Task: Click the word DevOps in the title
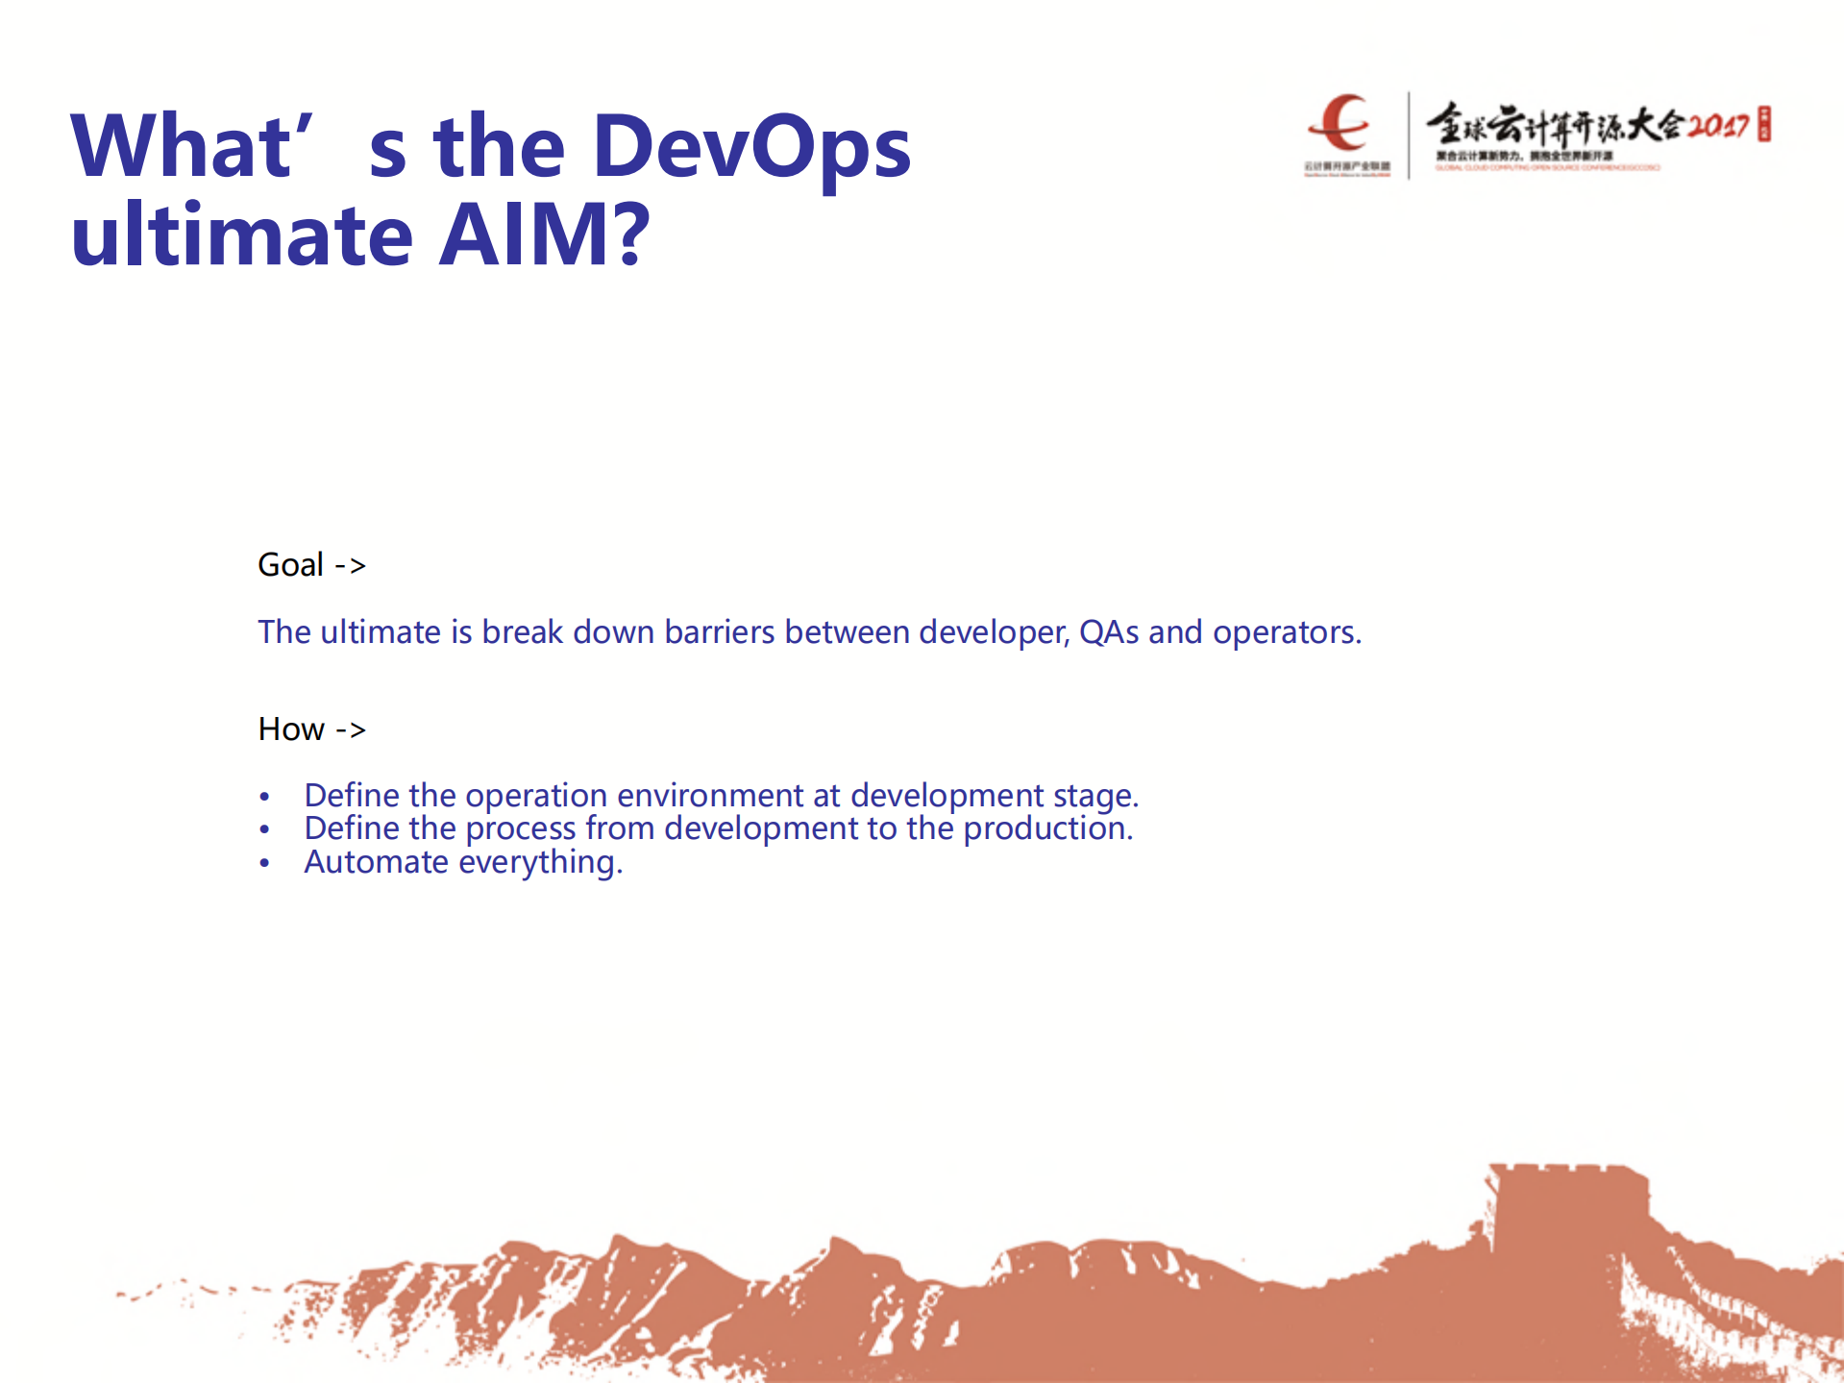tap(751, 147)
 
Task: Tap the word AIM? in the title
tap(544, 235)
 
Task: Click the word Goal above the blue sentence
tap(290, 565)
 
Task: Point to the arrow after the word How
tap(351, 730)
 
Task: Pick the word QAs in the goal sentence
tap(1109, 632)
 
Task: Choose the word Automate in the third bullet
tap(376, 862)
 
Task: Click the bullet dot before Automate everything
tap(264, 863)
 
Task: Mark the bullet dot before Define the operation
tap(264, 797)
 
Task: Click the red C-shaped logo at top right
tap(1340, 123)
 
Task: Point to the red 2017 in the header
tap(1719, 126)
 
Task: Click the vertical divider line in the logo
tap(1409, 135)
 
